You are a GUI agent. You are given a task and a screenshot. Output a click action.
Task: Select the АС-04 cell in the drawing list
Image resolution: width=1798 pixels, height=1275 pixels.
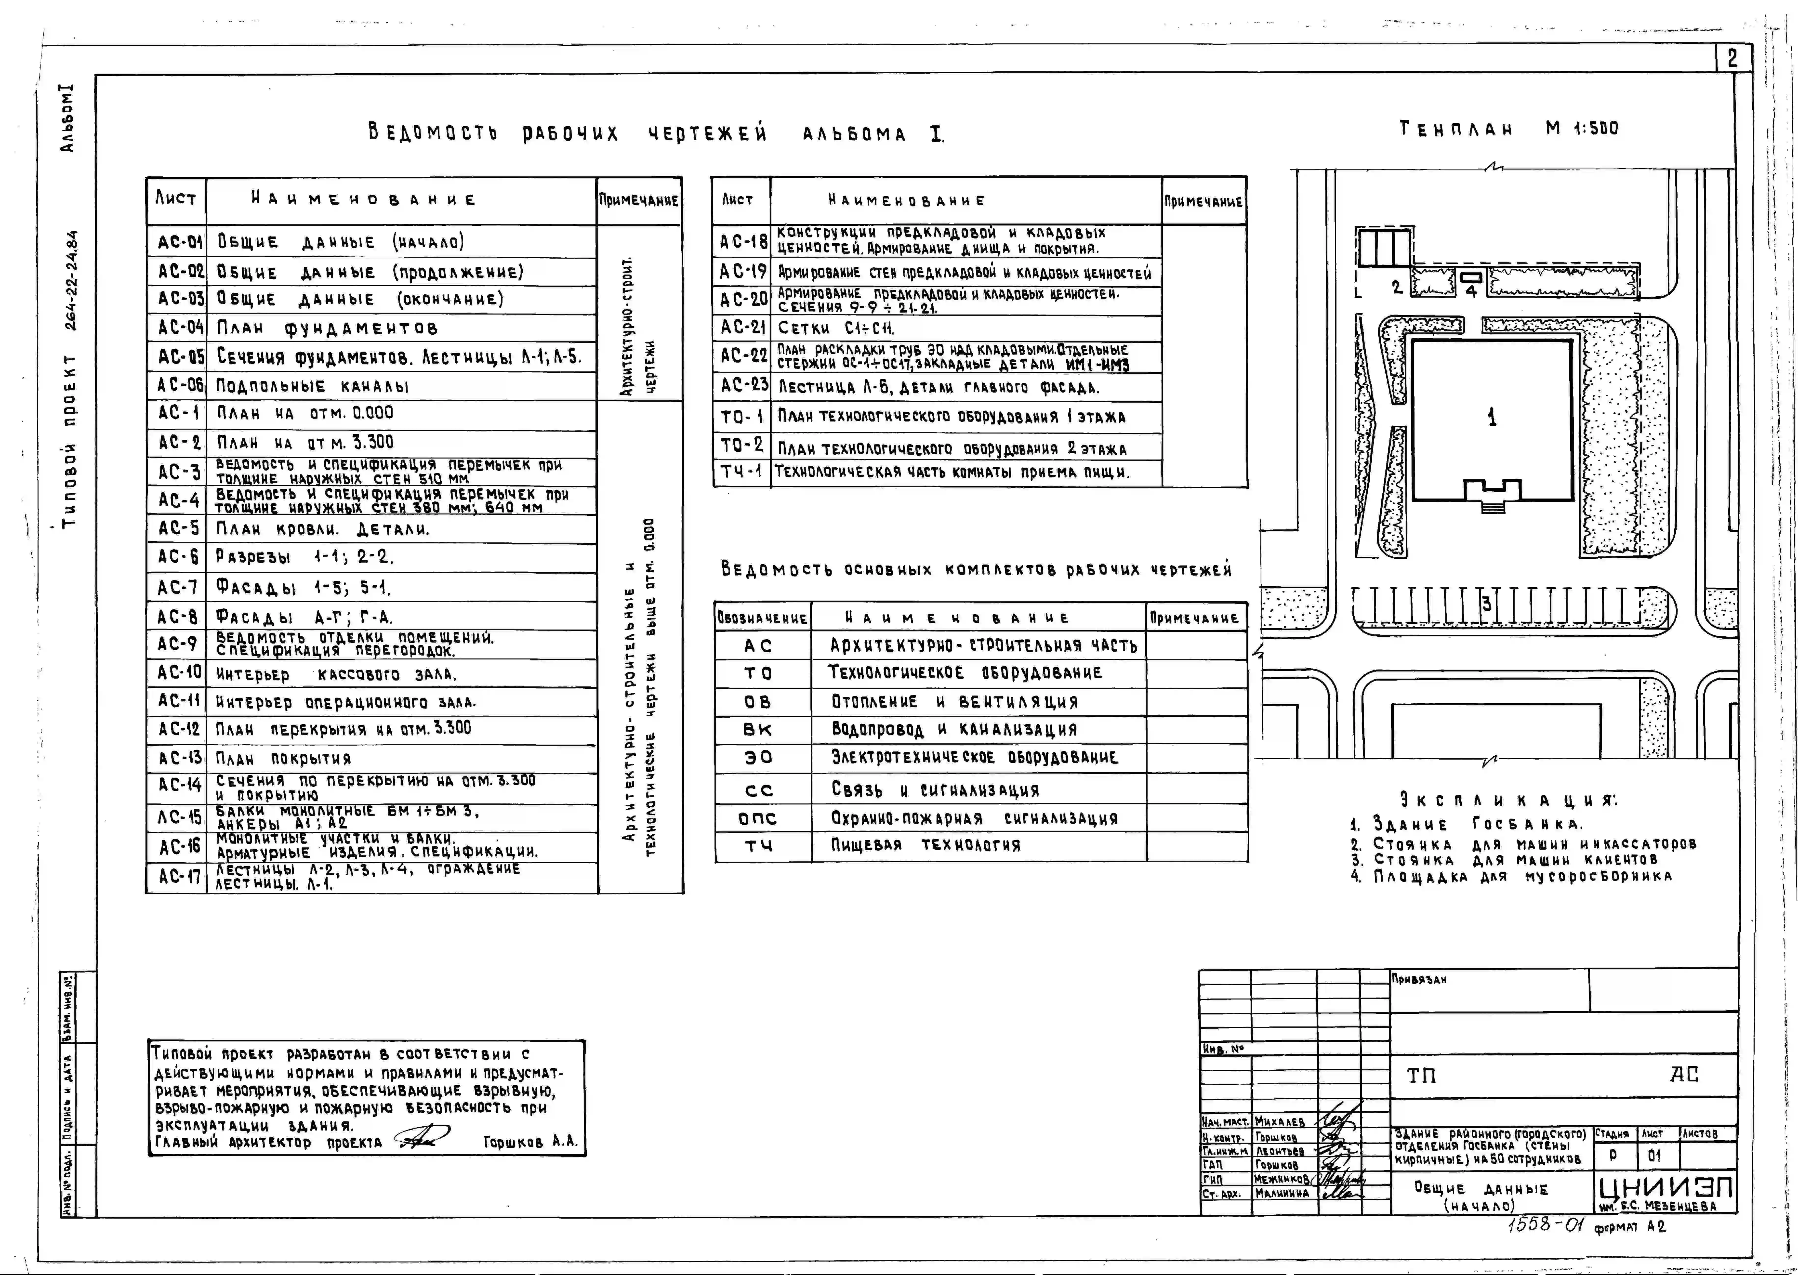180,327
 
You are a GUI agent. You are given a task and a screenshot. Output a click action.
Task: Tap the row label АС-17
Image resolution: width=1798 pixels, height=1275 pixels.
180,877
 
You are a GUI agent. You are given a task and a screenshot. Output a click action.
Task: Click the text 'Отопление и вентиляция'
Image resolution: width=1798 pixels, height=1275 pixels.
954,701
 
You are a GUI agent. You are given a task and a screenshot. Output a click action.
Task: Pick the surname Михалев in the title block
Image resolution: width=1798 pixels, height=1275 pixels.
1280,1122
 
